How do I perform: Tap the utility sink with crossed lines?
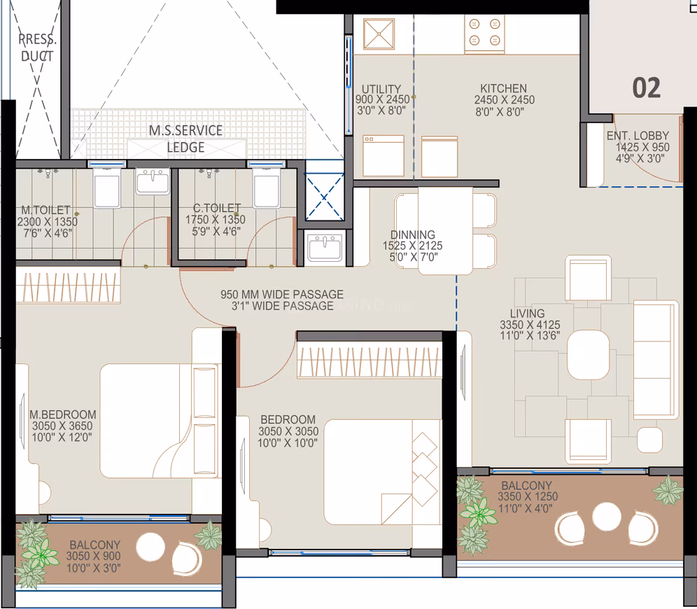pos(379,34)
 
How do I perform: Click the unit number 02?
pos(647,87)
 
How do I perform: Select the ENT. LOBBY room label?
pos(638,136)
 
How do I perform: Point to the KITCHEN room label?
pos(504,88)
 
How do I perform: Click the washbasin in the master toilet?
pos(153,181)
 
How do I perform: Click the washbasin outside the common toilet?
pos(325,248)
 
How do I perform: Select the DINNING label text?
pos(412,234)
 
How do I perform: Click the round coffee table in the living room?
pos(588,355)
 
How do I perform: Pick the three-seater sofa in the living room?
pos(656,360)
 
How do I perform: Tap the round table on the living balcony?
pos(607,517)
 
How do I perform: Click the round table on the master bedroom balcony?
pos(150,547)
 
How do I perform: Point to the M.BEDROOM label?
pos(63,414)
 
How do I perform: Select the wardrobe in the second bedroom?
pos(369,360)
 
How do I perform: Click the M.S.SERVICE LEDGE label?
pos(186,139)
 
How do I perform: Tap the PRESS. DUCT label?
pos(37,48)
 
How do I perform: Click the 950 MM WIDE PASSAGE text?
pos(282,294)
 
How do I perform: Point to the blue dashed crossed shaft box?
pos(325,197)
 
